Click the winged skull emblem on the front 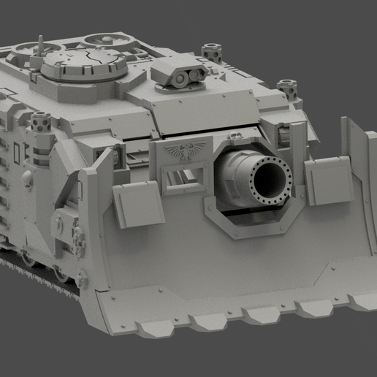(181, 153)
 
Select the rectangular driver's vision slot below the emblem (181, 178)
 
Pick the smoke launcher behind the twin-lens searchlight (212, 52)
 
